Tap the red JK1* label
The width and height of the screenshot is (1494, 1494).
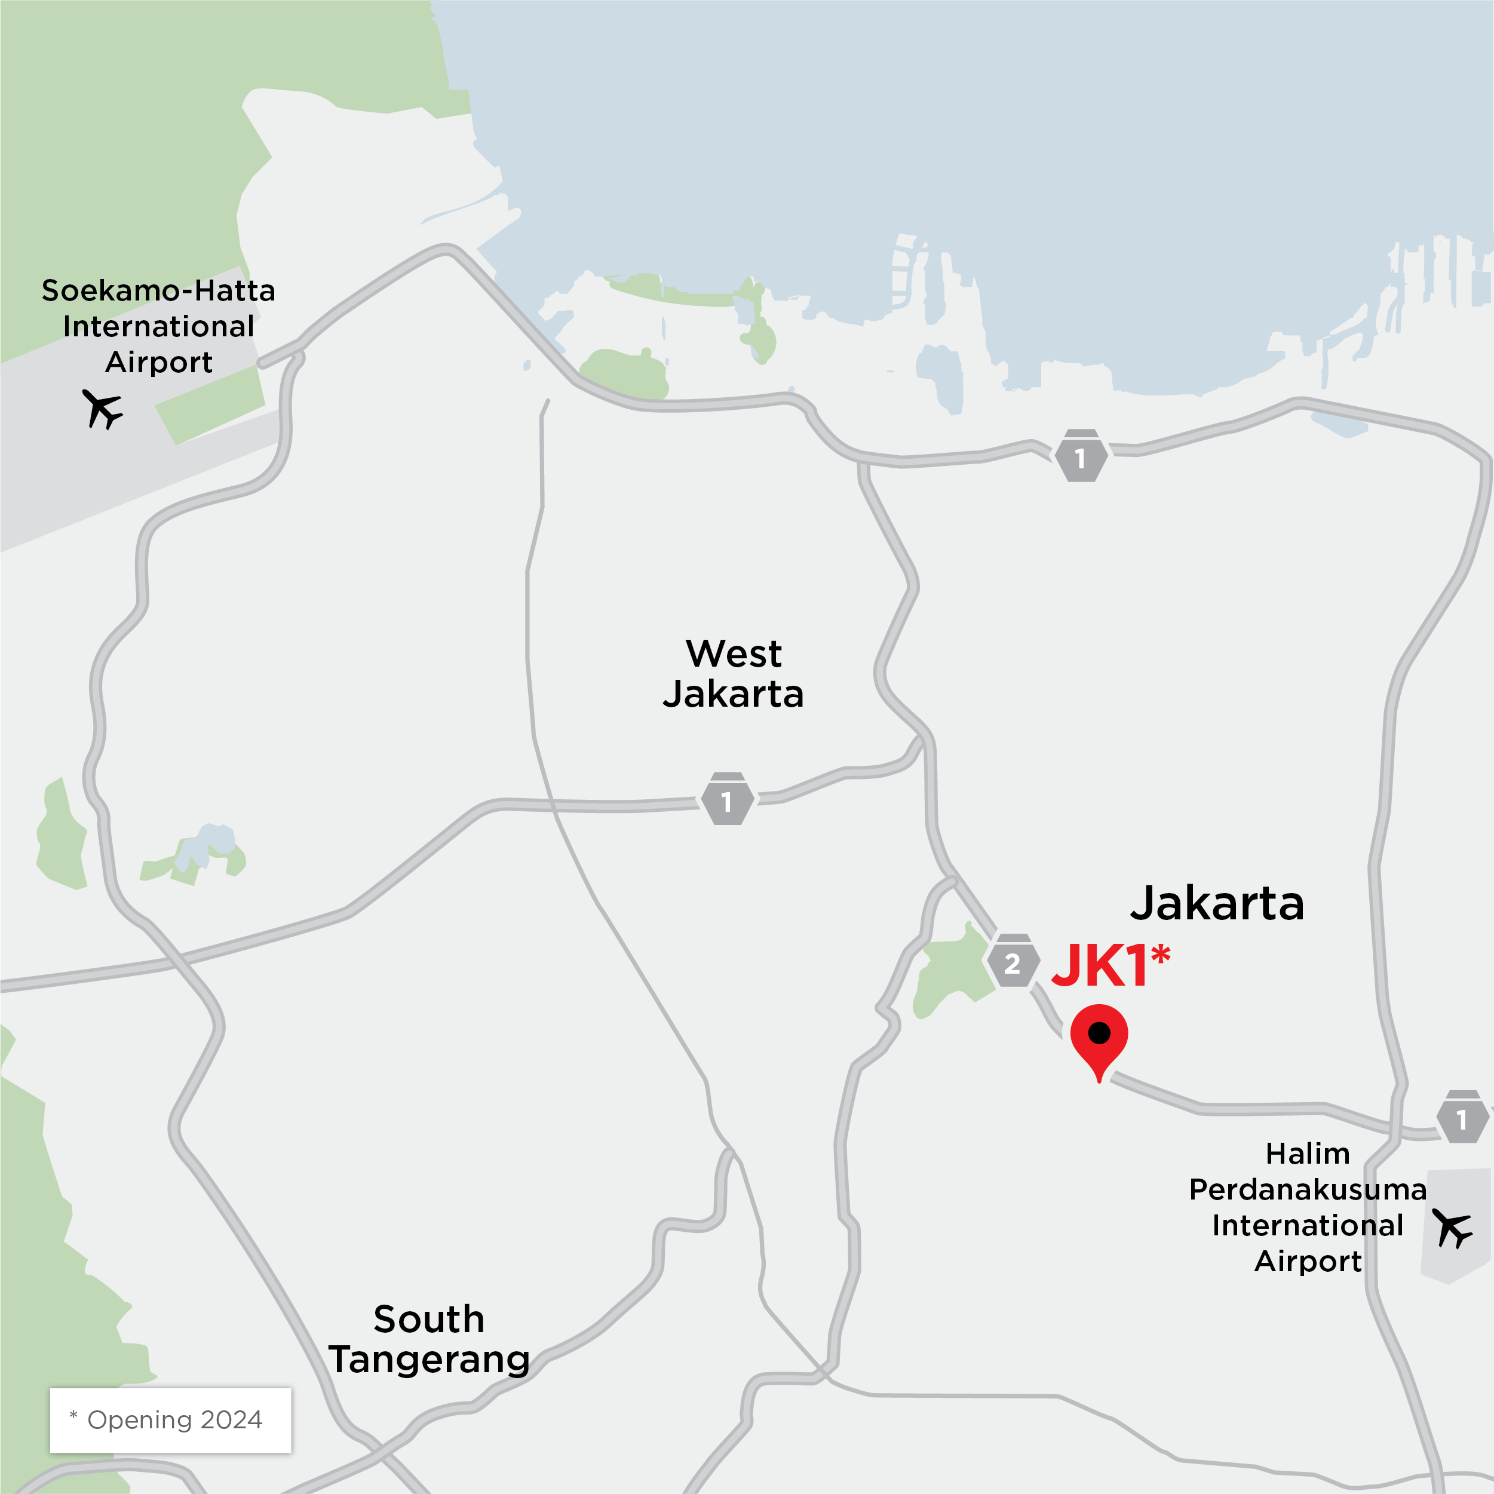(x=1110, y=966)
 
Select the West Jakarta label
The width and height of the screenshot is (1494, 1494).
(x=733, y=674)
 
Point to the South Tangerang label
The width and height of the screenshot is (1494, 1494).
(x=429, y=1339)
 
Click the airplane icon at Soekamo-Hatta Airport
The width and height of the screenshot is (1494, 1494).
(x=102, y=409)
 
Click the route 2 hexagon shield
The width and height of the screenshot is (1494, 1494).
(x=1013, y=963)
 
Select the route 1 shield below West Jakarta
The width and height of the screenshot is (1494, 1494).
(x=727, y=800)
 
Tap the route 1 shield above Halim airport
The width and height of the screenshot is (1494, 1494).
(x=1462, y=1118)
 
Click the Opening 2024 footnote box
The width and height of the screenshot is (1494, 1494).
(x=170, y=1420)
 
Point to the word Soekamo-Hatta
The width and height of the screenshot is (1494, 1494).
(x=158, y=291)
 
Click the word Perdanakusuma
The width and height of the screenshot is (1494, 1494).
(x=1308, y=1189)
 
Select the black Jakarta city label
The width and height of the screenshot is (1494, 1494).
(x=1217, y=903)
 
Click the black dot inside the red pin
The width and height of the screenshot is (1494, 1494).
(x=1099, y=1032)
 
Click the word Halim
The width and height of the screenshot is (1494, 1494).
(x=1308, y=1154)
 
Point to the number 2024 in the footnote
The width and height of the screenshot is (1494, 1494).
(x=231, y=1420)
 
